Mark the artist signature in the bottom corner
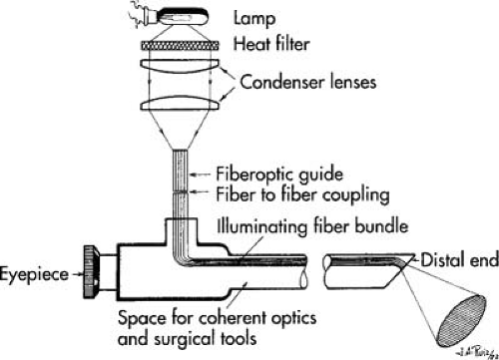pyautogui.click(x=477, y=349)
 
